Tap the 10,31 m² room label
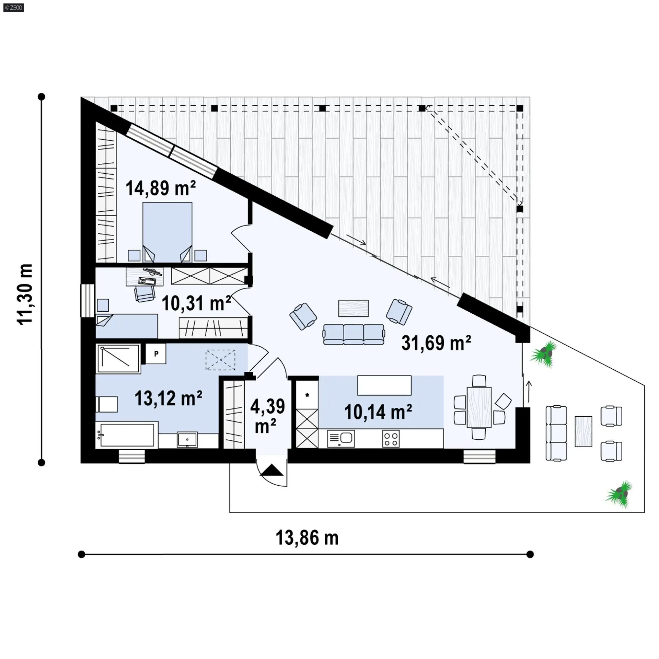(x=196, y=303)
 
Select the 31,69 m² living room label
(x=436, y=343)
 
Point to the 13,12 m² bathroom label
(x=169, y=398)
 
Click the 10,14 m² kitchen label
(x=378, y=412)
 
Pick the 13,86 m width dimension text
(x=307, y=538)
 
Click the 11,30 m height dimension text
(x=25, y=294)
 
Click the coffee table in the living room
(x=354, y=308)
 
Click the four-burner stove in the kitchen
(x=391, y=439)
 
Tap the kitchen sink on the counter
(x=341, y=439)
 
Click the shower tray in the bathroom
(x=118, y=358)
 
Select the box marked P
(x=156, y=354)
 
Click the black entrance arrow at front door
(x=272, y=470)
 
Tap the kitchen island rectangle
(x=384, y=385)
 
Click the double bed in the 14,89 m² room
(x=167, y=232)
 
